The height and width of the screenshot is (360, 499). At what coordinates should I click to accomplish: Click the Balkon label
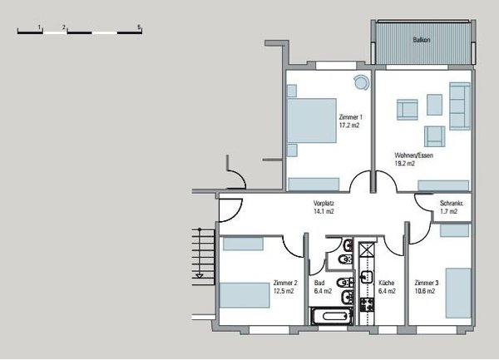tap(422, 39)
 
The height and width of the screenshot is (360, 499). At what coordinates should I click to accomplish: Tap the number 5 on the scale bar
tap(141, 27)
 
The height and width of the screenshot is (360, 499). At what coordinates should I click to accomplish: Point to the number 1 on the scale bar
tap(40, 27)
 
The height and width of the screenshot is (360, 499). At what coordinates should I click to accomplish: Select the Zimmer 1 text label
tap(350, 118)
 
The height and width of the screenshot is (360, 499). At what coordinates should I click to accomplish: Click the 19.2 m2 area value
tap(407, 164)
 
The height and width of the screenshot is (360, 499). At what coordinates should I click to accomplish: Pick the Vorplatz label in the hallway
tap(324, 204)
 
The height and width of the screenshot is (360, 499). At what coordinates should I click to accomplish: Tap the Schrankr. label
tap(452, 204)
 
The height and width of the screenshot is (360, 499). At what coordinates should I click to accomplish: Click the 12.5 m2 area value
tap(284, 291)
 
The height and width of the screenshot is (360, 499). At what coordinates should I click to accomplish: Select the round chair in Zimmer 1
tap(360, 81)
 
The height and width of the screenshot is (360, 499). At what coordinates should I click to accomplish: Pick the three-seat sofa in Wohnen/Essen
tap(461, 106)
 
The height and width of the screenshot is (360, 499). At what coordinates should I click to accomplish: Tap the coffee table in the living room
tap(434, 103)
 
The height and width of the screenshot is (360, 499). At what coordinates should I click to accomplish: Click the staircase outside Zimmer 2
tap(200, 254)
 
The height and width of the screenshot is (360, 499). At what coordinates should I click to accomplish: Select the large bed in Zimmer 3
tap(458, 293)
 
